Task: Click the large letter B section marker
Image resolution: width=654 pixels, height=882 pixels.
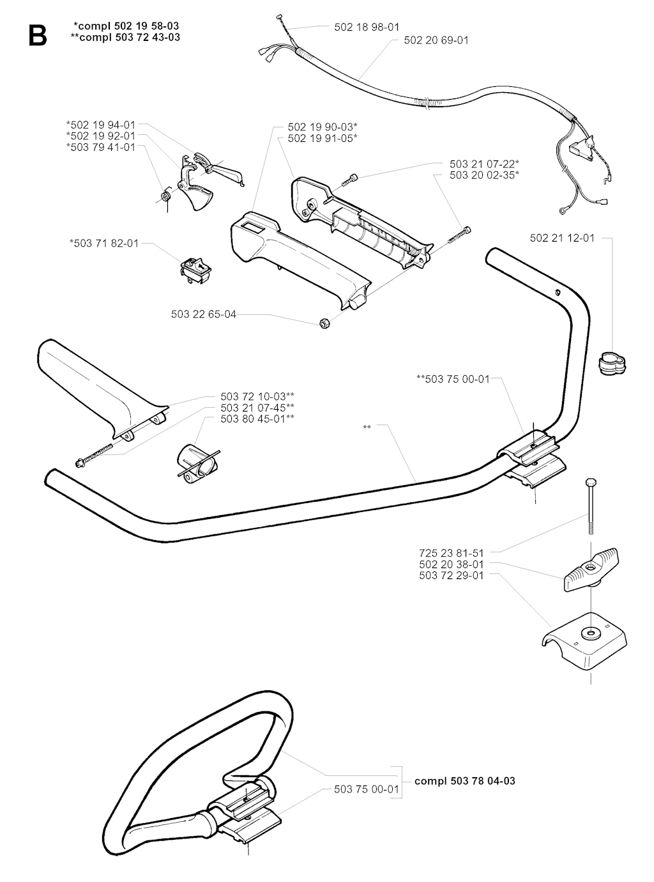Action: point(38,35)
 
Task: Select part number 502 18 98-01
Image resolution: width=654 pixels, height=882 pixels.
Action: point(367,27)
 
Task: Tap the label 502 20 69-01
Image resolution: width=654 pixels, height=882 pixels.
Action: point(436,40)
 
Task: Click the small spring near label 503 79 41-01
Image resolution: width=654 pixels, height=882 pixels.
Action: point(164,197)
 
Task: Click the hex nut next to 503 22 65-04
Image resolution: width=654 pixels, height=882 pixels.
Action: point(325,323)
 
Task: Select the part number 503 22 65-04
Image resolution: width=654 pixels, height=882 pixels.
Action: point(204,314)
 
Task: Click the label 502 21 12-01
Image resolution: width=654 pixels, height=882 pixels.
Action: point(562,238)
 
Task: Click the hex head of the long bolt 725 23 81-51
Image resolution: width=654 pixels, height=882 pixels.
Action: point(590,483)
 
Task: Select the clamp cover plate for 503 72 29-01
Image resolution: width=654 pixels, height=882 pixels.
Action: point(585,639)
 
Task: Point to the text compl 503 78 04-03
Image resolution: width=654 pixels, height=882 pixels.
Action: point(465,780)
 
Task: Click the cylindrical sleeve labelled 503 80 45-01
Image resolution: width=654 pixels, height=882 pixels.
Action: point(197,463)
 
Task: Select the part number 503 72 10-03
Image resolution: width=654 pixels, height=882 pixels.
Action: point(257,396)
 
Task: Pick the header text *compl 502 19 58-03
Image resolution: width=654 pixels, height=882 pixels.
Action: point(126,26)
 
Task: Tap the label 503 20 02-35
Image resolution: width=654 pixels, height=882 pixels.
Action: point(484,175)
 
